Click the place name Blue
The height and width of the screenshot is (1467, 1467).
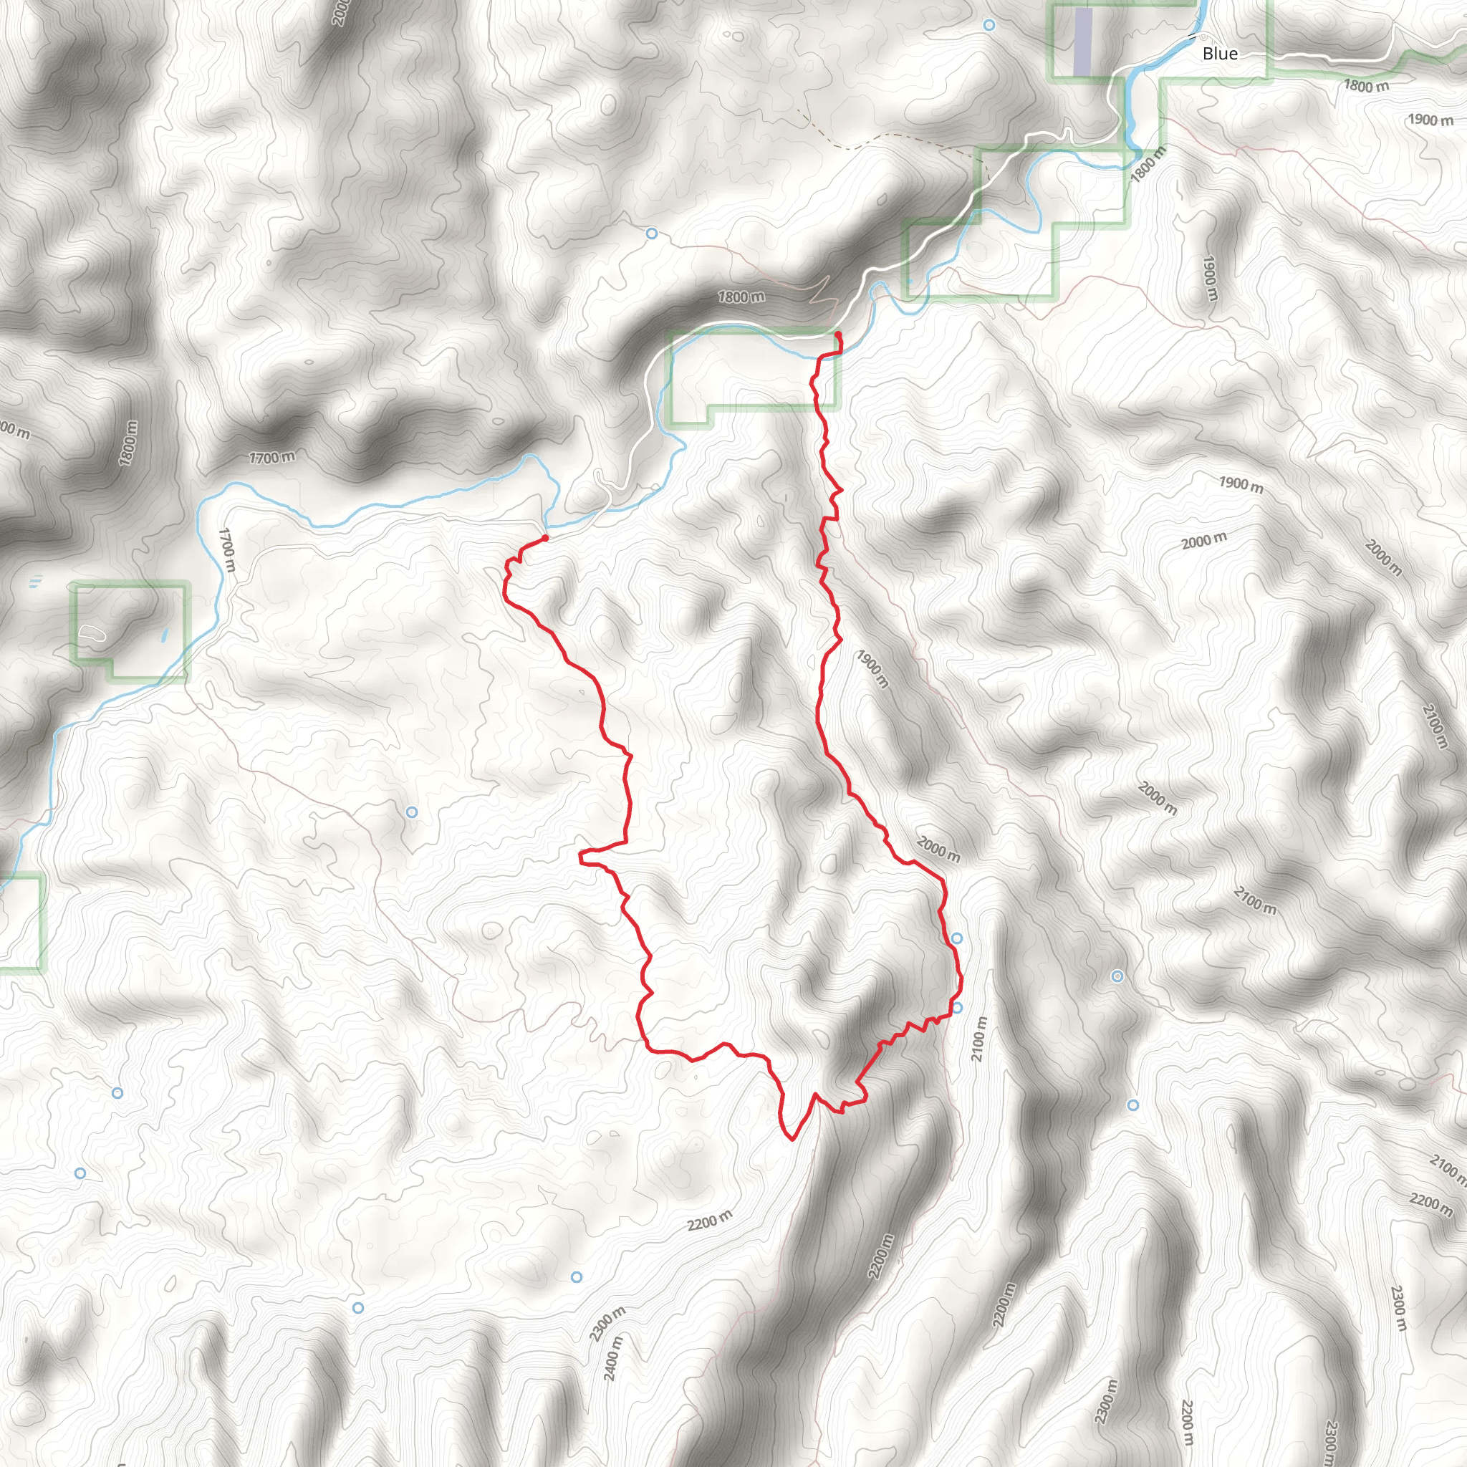tap(1219, 53)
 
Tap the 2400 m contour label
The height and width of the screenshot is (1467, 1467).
tap(612, 1358)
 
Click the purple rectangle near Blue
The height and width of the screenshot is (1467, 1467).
tap(1083, 41)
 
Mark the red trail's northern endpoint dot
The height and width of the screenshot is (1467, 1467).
tap(837, 335)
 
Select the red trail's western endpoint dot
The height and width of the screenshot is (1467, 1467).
tap(545, 539)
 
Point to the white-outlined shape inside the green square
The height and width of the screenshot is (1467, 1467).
tap(90, 632)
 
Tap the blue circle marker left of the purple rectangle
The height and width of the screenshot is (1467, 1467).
tap(989, 25)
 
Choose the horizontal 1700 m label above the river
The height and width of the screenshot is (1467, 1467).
tap(271, 457)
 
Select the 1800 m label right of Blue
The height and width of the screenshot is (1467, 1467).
tap(1366, 86)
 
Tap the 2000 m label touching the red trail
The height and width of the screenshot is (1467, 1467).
tap(938, 849)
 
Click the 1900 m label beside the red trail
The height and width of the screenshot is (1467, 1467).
tap(872, 668)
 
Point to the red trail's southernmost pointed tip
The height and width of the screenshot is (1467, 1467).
tap(792, 1140)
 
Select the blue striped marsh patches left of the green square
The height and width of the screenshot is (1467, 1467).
tap(35, 583)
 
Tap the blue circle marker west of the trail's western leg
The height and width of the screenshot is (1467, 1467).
tap(412, 812)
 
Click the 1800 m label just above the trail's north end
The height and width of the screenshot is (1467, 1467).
tap(741, 297)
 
